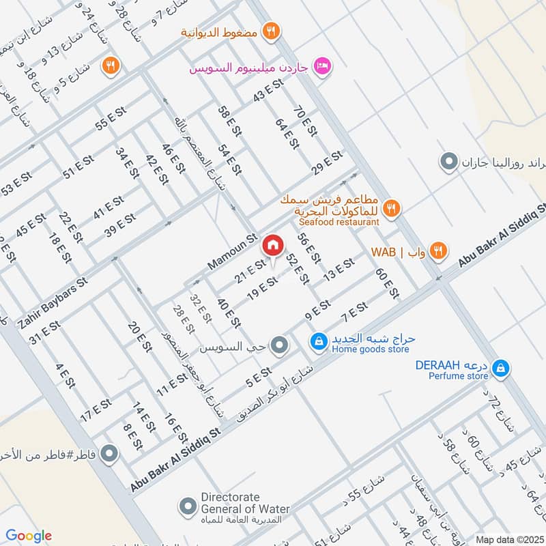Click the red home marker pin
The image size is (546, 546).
(x=273, y=244)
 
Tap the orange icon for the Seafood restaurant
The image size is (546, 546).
(x=391, y=209)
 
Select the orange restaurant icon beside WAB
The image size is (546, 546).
(x=438, y=251)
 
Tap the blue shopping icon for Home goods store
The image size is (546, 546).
(x=318, y=341)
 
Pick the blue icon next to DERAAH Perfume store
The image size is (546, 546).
(x=501, y=368)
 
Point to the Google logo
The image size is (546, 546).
(x=29, y=536)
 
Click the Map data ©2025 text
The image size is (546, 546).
(x=508, y=538)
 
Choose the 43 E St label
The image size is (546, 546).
(x=268, y=91)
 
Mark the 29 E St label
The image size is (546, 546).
(x=326, y=162)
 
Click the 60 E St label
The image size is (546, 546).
(x=386, y=283)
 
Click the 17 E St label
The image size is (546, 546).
(x=96, y=409)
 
